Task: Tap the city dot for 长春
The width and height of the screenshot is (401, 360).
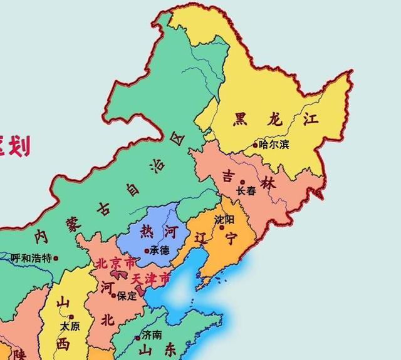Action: tap(242, 182)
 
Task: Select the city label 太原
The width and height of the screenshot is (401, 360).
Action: tap(70, 326)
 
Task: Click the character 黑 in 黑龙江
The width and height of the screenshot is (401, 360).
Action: tap(240, 118)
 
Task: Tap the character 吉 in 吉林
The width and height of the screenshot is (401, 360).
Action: tap(230, 177)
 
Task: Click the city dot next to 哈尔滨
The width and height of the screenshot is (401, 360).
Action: tap(255, 145)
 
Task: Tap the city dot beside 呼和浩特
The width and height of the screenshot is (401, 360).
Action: tap(56, 257)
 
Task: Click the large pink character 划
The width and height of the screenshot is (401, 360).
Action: tap(20, 147)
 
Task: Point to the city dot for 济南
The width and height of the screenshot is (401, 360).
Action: tap(138, 337)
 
